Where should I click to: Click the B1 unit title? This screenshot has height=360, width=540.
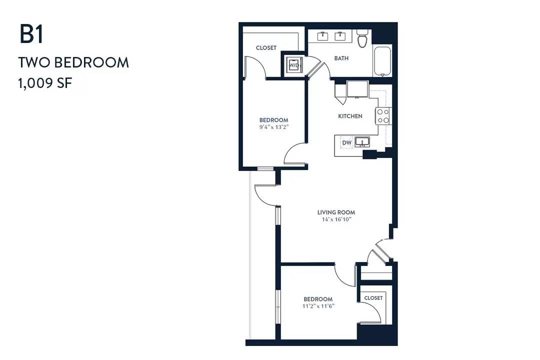tap(31, 34)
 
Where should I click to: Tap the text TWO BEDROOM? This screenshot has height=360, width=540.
tap(73, 62)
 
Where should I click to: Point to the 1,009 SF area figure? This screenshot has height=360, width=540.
tap(45, 83)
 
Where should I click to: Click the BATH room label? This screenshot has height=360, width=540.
tap(341, 58)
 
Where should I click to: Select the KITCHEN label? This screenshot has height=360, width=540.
tap(350, 116)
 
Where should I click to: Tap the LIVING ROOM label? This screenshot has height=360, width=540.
tap(336, 212)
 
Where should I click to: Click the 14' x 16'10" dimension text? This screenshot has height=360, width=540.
tap(336, 219)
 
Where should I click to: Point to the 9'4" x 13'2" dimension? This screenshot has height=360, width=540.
tap(274, 127)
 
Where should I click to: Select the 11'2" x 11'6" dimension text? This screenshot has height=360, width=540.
tap(318, 306)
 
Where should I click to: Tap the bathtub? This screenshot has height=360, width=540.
tap(382, 61)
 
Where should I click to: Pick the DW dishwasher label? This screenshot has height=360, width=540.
tap(347, 142)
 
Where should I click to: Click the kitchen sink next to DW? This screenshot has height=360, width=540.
tap(362, 142)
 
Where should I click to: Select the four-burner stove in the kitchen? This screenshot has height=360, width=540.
tap(383, 116)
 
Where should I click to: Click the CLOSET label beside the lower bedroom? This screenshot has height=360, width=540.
tap(373, 297)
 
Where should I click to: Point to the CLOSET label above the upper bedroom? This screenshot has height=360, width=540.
tap(266, 48)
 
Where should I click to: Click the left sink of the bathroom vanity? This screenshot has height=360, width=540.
tap(322, 36)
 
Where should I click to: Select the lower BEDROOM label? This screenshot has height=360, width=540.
tap(318, 299)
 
